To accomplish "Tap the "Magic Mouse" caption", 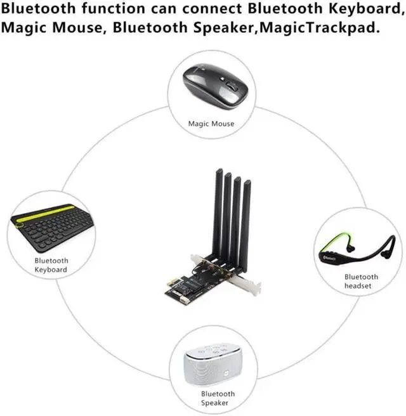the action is click(x=211, y=124).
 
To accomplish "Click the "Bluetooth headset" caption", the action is click(x=361, y=282).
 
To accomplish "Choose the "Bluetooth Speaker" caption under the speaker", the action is click(x=209, y=398).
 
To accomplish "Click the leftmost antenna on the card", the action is click(x=218, y=209).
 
